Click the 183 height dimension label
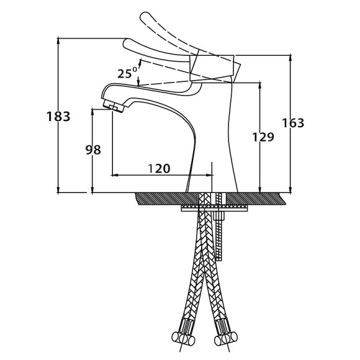tap(58, 117)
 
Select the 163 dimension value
tap(293, 123)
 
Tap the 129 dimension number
tap(263, 137)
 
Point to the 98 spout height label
tap(93, 150)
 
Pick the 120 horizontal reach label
tap(159, 168)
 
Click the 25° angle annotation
tap(127, 73)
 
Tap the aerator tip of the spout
tap(114, 106)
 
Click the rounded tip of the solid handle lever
tap(126, 43)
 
